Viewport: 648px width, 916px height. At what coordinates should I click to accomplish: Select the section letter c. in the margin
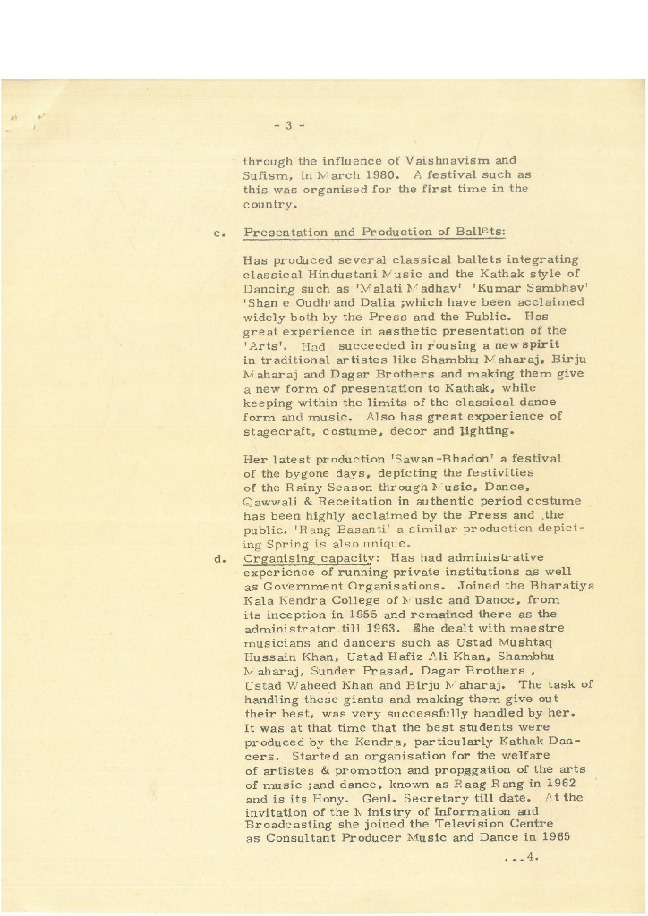coord(218,233)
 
